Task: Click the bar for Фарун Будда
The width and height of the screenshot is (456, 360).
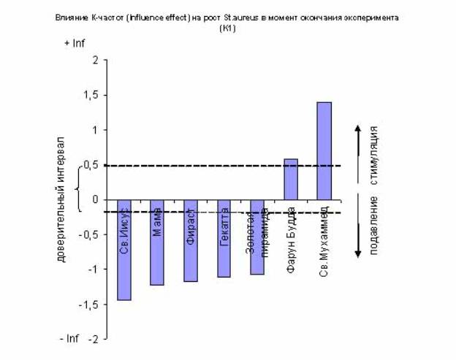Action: point(290,179)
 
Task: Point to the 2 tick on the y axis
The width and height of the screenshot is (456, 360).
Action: point(94,61)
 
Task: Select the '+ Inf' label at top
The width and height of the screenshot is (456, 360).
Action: point(75,43)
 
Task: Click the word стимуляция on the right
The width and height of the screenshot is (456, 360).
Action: point(374,155)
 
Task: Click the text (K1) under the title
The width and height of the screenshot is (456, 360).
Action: point(227,28)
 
